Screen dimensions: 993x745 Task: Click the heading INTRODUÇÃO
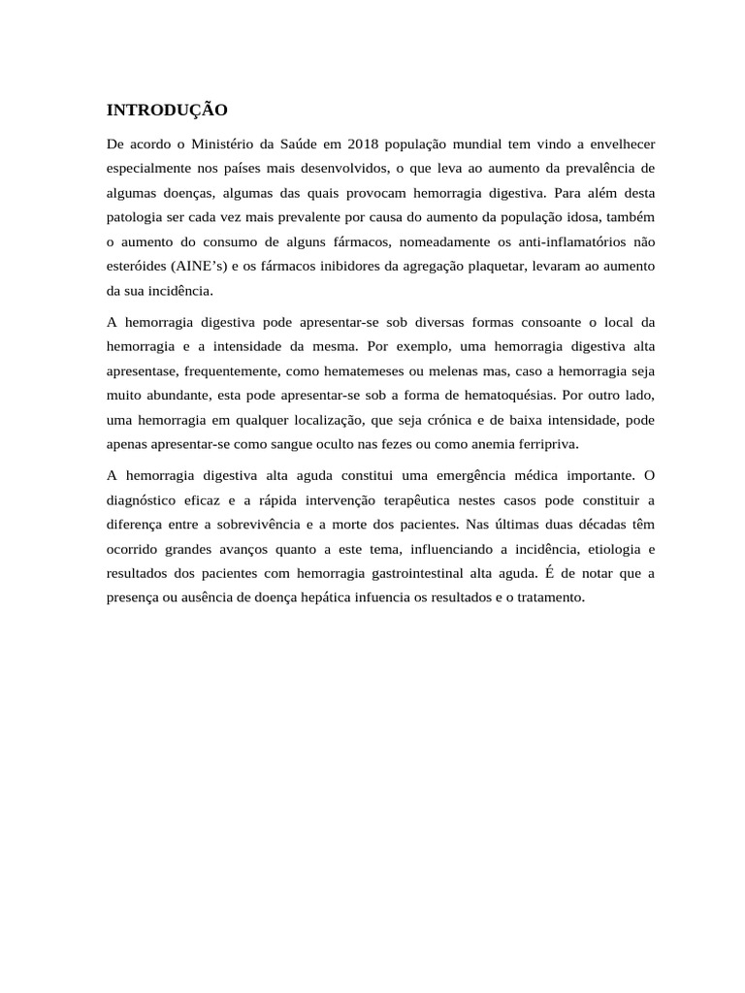[167, 110]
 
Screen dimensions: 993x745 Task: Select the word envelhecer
[615, 144]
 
